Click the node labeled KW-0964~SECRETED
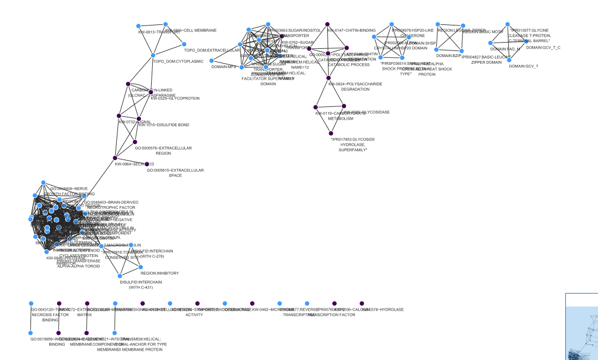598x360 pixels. pos(115,158)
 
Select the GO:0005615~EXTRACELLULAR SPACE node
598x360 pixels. pos(147,164)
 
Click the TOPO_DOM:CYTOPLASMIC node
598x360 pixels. pos(153,55)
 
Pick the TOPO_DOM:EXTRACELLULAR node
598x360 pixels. pos(185,44)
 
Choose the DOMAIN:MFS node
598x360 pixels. pos(211,61)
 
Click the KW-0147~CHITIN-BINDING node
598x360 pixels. pos(328,24)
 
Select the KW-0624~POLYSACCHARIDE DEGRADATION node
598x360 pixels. pos(328,78)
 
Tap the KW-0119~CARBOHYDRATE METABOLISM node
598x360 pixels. pos(316,107)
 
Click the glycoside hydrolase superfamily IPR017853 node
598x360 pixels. pos(331,132)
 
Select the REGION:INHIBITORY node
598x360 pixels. pos(141,267)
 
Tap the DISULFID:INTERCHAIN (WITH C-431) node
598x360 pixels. pos(120,276)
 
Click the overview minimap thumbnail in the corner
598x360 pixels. pos(582,327)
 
